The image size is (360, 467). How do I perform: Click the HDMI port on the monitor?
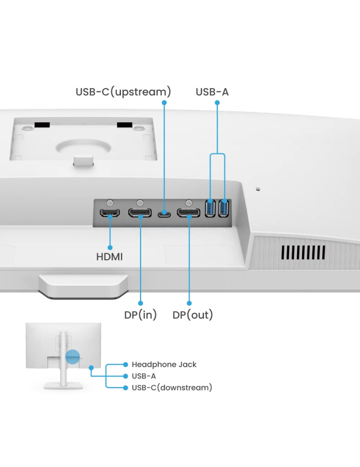click(x=110, y=213)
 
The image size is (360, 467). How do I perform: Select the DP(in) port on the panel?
click(x=140, y=213)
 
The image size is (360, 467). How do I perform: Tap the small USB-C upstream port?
click(x=163, y=214)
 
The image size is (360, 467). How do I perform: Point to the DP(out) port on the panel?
click(x=189, y=213)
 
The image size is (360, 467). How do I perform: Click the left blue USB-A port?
click(x=211, y=208)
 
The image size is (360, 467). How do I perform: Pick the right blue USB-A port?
click(x=224, y=208)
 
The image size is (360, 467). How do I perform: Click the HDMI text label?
click(x=109, y=256)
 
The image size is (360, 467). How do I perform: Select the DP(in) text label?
click(x=141, y=315)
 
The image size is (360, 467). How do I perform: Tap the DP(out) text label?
click(x=193, y=315)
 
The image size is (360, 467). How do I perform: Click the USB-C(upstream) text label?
click(x=123, y=92)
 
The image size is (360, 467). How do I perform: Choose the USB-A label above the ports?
click(x=212, y=92)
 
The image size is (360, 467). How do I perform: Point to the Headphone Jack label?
click(x=164, y=364)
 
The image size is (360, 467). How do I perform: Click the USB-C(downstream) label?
click(x=172, y=388)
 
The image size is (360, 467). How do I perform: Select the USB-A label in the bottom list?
click(x=144, y=376)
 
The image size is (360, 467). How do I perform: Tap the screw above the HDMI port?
click(x=110, y=202)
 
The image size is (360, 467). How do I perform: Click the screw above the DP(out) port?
click(x=189, y=202)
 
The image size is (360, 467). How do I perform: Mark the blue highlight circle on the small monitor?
click(x=73, y=357)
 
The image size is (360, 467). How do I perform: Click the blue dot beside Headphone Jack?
click(x=125, y=364)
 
